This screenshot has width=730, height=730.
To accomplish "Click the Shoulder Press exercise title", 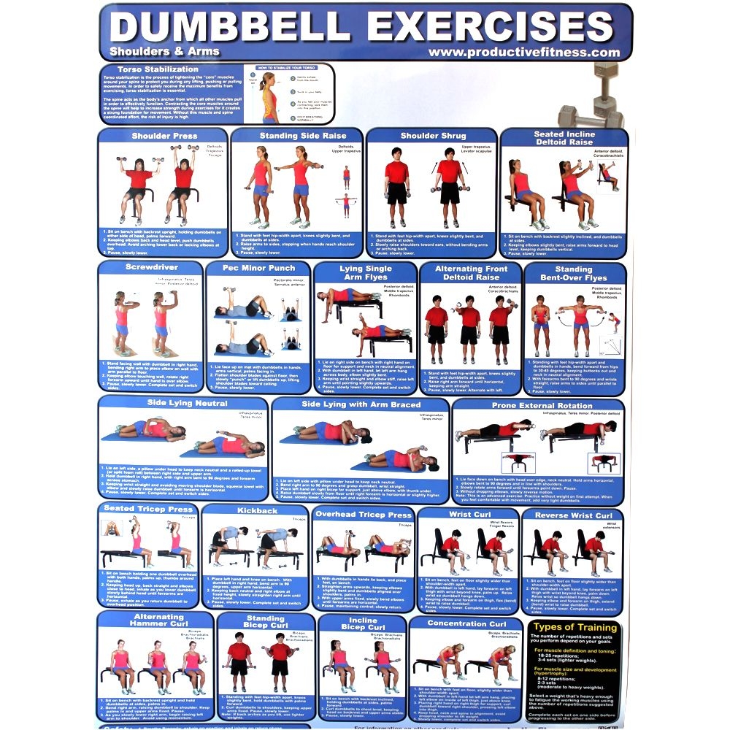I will pyautogui.click(x=164, y=136).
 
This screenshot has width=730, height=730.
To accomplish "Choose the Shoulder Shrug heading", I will pyautogui.click(x=432, y=136).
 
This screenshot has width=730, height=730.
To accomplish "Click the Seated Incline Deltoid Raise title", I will pyautogui.click(x=564, y=139).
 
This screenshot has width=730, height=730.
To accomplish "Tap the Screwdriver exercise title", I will pyautogui.click(x=152, y=268).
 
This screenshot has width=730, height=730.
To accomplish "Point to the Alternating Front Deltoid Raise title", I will pyautogui.click(x=470, y=273).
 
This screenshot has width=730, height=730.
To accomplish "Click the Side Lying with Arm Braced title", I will pyautogui.click(x=361, y=404).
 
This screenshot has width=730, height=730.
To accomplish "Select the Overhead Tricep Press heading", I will pyautogui.click(x=364, y=515).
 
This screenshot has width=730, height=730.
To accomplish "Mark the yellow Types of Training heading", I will pyautogui.click(x=573, y=627).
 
